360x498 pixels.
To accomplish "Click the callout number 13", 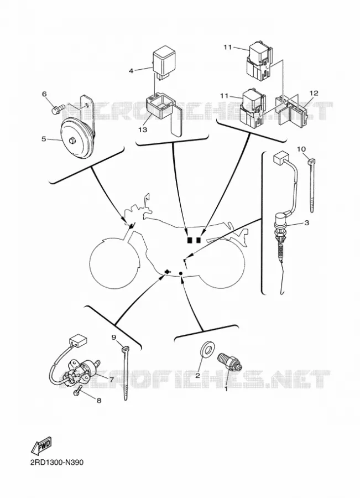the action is pos(143,130).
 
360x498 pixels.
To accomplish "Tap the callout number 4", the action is pos(131,71).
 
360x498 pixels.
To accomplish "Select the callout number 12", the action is pos(314,93).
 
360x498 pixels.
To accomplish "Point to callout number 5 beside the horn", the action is pos(44,139).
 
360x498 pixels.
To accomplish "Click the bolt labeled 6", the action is pos(58,109).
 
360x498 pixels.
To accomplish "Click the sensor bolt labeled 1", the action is pos(229,362).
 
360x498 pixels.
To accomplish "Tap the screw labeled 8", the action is pos(77,390).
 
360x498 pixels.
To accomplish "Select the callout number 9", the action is pos(114,338).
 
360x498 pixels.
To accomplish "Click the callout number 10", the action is pos(301,149).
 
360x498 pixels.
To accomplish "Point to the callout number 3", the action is pos(307,222).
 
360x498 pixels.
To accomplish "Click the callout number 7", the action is pos(112,380).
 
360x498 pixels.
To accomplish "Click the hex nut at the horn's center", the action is pos(72,140).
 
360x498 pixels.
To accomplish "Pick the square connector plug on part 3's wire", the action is pos(280,157).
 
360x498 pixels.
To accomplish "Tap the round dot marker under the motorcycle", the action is pos(181,273).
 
